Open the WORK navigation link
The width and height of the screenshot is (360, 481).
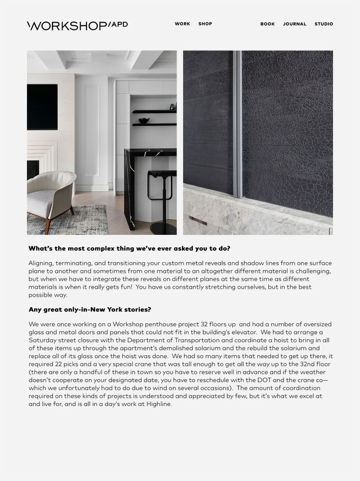(x=182, y=24)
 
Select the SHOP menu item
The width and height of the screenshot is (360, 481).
(x=205, y=24)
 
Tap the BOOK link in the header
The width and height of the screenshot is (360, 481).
(x=267, y=24)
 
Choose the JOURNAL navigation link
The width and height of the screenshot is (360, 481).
(x=295, y=24)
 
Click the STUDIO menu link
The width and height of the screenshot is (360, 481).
(x=324, y=24)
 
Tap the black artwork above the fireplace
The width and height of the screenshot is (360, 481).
(x=42, y=107)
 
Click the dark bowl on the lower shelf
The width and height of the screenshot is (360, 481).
(x=144, y=121)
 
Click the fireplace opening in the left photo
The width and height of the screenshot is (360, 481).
(x=32, y=169)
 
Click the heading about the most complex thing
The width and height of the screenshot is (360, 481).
(x=130, y=249)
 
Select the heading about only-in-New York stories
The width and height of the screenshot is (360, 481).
(x=90, y=310)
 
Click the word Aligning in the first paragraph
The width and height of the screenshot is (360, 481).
(x=42, y=263)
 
